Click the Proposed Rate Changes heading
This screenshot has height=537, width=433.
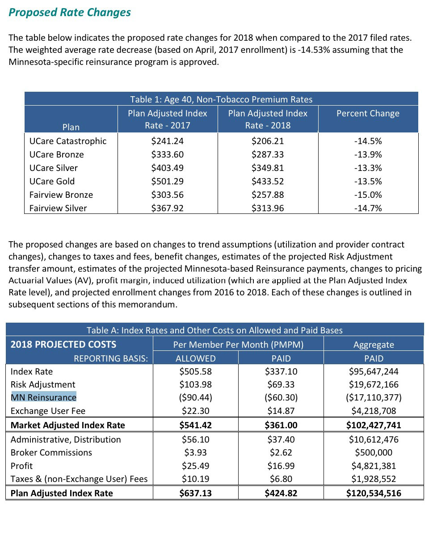(x=70, y=12)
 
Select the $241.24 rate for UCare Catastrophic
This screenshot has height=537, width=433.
(x=168, y=141)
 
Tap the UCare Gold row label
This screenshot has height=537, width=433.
(x=52, y=182)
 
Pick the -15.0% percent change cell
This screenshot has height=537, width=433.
(x=368, y=195)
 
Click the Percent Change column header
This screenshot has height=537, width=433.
(x=368, y=114)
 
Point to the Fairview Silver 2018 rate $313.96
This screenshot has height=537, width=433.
(x=268, y=209)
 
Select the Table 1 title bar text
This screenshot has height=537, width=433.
(x=221, y=99)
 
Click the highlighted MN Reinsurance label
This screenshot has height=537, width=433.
(x=43, y=397)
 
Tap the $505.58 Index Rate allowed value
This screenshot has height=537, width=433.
(x=195, y=371)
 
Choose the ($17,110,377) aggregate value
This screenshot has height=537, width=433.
(x=374, y=397)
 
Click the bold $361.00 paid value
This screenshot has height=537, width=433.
(x=281, y=425)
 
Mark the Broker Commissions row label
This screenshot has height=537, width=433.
(x=51, y=452)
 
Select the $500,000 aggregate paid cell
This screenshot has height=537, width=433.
(x=374, y=452)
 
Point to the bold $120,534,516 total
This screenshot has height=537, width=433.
(x=374, y=494)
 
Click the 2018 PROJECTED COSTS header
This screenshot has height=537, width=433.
(x=63, y=345)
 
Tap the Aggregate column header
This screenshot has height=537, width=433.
(x=374, y=345)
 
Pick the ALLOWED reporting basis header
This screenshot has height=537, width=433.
(x=195, y=358)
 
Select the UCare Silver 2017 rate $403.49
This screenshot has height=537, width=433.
(x=168, y=168)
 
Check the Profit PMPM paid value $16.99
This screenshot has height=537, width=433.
(x=281, y=466)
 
